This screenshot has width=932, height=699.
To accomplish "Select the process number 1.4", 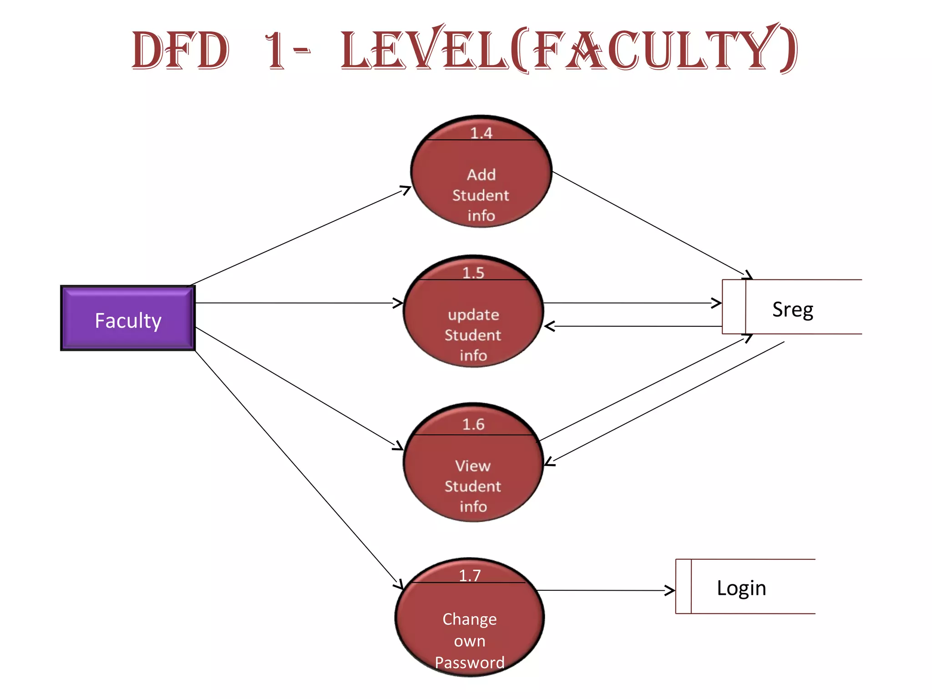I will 481,133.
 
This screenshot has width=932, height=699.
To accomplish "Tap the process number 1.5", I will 473,273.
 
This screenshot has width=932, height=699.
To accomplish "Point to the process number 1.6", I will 473,424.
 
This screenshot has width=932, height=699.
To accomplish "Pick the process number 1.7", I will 470,575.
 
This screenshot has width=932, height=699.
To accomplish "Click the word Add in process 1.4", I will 481,175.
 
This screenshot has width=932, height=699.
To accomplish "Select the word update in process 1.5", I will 473,314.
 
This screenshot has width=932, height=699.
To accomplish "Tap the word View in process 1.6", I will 473,466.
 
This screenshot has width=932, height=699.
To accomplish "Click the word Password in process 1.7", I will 470,662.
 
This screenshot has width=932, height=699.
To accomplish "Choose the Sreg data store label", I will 793,309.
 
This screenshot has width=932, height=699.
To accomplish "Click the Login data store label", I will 741,588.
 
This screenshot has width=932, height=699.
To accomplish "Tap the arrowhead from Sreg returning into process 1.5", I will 549,326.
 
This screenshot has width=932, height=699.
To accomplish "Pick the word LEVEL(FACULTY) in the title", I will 569,49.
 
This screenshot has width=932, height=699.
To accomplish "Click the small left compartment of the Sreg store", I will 734,307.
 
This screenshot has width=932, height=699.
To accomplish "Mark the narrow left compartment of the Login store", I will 683,586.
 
